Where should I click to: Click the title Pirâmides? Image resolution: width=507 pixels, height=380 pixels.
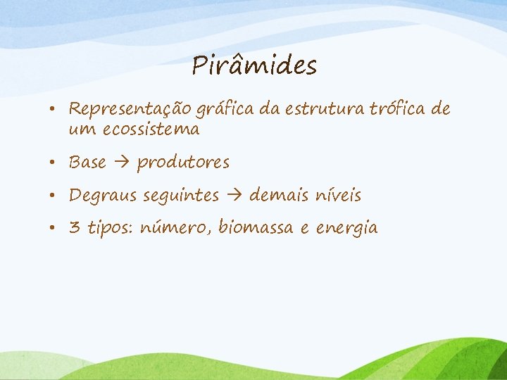[254, 66]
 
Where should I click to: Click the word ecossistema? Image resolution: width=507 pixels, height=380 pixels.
[151, 129]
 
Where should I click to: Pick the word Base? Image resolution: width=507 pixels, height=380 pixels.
[87, 163]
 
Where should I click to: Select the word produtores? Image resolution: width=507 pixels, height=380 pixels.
[183, 163]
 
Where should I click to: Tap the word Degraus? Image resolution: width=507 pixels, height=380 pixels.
[104, 196]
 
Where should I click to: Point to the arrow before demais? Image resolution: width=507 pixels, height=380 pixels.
[234, 196]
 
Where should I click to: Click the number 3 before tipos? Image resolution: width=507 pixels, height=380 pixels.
[74, 228]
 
